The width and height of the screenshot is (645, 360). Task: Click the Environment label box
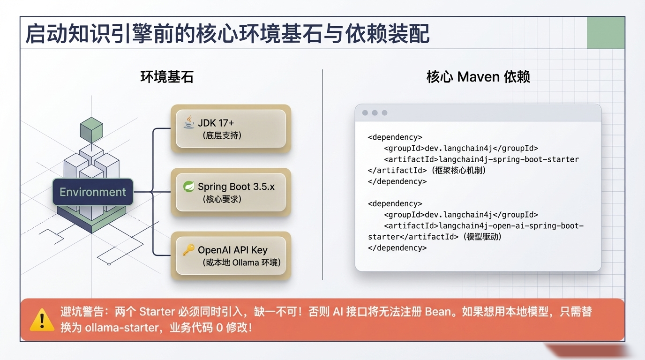[92, 192]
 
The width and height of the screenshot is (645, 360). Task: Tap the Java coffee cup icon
[188, 122]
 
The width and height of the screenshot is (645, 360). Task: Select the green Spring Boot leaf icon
[188, 187]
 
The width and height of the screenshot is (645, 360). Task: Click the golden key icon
[188, 250]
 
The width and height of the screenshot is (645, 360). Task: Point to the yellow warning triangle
[42, 320]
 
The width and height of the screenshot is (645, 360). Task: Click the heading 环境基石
[167, 77]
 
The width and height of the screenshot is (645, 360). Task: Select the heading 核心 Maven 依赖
[478, 77]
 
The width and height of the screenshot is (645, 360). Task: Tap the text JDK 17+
[216, 123]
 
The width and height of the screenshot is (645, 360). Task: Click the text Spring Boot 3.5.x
[236, 187]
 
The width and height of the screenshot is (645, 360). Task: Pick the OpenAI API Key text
[232, 250]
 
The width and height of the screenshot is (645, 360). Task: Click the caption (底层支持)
[222, 135]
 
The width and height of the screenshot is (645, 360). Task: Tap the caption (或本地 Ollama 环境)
[242, 262]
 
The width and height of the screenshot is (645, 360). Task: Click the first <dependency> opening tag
[395, 137]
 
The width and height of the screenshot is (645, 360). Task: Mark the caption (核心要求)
[222, 199]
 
